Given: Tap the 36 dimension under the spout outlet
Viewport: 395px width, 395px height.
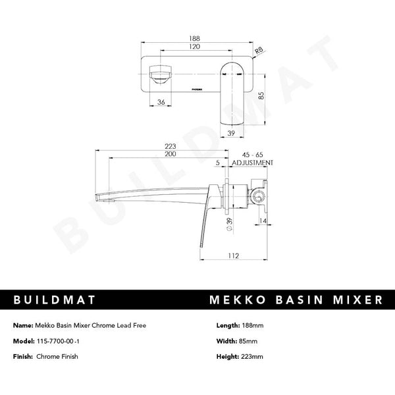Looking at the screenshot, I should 161,102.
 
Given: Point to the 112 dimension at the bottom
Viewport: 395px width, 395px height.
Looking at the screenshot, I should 231,257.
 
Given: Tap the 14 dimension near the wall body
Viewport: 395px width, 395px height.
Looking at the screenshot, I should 263,222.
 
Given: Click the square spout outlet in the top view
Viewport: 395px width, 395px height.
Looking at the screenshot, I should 159,74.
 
